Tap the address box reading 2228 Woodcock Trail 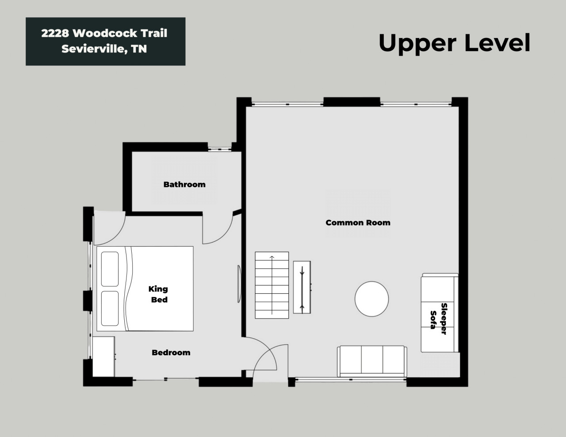point(106,42)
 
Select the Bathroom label point(184,185)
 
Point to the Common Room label point(358,223)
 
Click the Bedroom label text point(171,353)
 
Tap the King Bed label point(158,294)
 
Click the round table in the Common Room point(372,299)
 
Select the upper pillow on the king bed point(110,269)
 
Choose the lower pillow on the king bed point(110,308)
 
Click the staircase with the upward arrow point(272,285)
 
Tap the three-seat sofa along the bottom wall point(372,361)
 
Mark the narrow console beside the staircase point(302,287)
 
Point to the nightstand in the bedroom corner point(103,357)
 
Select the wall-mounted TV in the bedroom point(239,284)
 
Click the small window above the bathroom point(220,149)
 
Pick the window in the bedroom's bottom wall point(166,380)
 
